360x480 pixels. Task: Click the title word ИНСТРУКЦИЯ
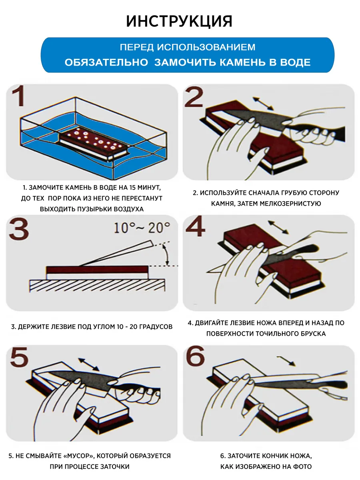click(x=179, y=22)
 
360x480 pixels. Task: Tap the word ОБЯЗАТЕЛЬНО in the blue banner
click(x=106, y=62)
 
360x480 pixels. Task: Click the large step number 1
click(x=18, y=96)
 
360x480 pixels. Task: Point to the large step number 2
click(x=194, y=97)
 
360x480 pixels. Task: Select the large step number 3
click(x=19, y=229)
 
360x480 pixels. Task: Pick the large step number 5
click(x=19, y=357)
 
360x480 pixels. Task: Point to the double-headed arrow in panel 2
click(x=263, y=104)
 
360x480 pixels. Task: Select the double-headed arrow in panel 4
click(x=278, y=227)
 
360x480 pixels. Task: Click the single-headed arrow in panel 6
click(x=286, y=361)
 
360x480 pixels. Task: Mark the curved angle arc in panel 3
click(x=166, y=255)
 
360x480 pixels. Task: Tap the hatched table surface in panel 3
click(x=97, y=285)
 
